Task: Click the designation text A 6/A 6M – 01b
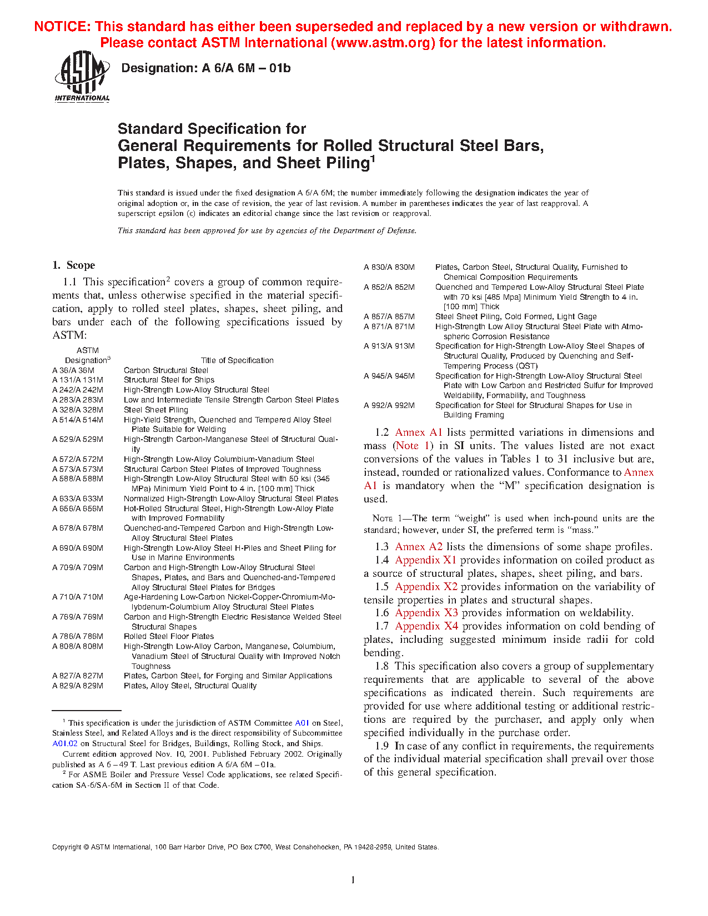(x=205, y=68)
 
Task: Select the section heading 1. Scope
(x=73, y=265)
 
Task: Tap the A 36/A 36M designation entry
(x=73, y=370)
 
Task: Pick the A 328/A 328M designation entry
(x=78, y=410)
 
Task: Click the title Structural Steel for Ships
(x=169, y=380)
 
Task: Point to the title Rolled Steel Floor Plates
(x=169, y=637)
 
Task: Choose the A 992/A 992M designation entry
(x=389, y=405)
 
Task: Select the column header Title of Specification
(x=237, y=360)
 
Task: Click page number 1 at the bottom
(x=353, y=880)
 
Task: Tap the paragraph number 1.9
(x=381, y=746)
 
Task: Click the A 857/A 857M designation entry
(x=389, y=316)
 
